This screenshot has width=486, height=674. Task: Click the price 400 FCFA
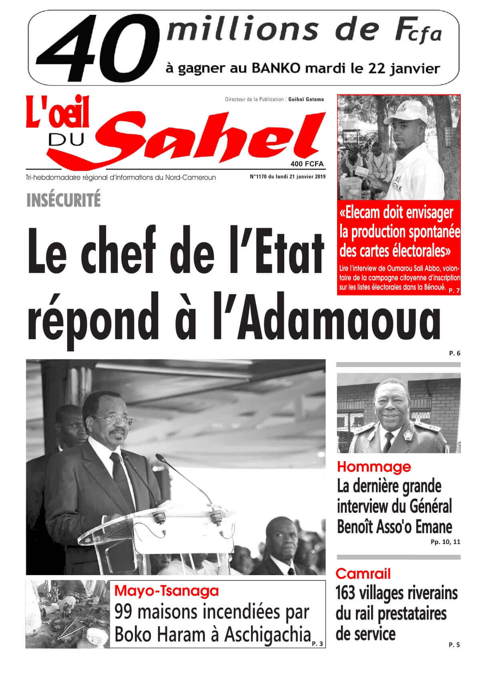(x=307, y=164)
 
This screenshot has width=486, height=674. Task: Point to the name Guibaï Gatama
(x=306, y=99)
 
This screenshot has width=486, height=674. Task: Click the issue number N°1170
(x=258, y=177)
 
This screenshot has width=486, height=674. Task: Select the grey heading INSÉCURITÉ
(x=63, y=200)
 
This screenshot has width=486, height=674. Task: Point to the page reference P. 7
(x=454, y=291)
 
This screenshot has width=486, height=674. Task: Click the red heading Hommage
(x=374, y=467)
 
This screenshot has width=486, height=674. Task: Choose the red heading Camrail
(x=363, y=574)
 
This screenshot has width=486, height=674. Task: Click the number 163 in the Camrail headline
(x=346, y=593)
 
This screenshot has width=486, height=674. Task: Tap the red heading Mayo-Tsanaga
(x=167, y=590)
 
